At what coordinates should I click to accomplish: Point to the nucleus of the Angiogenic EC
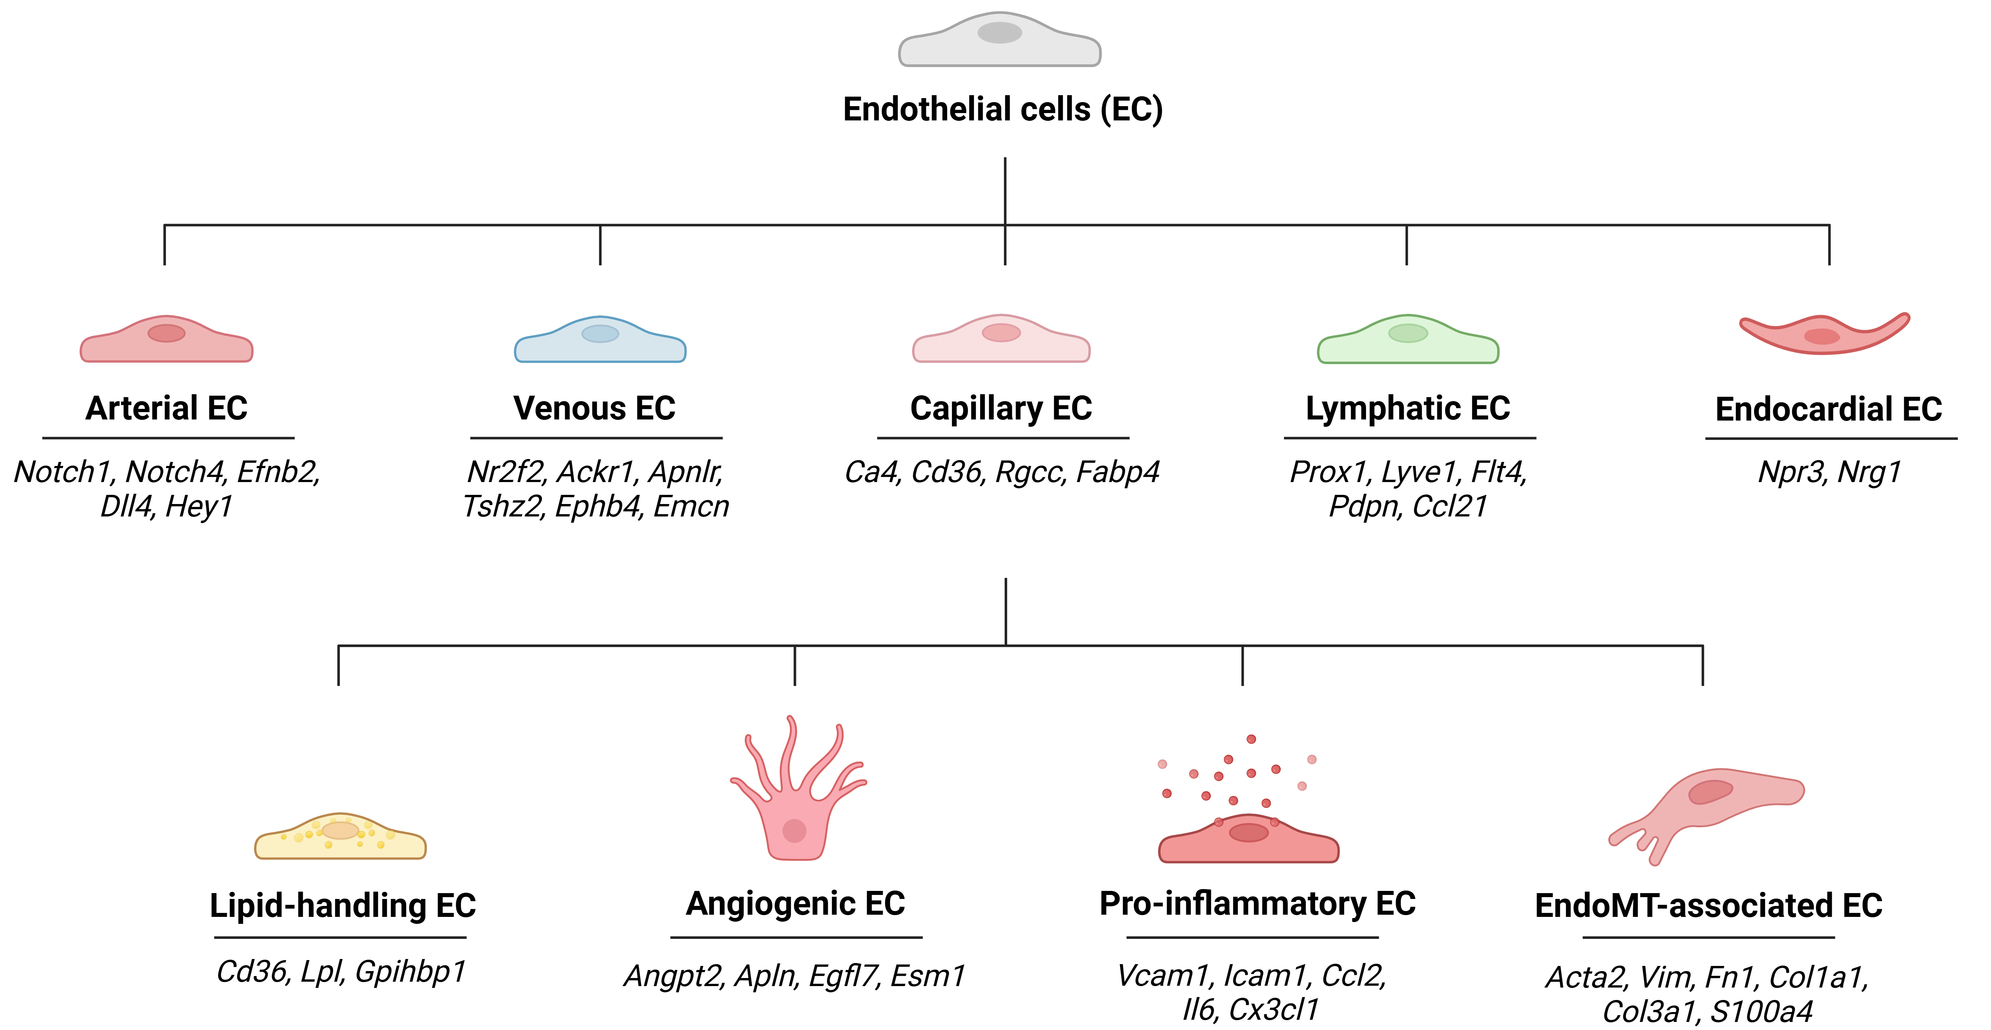click(794, 831)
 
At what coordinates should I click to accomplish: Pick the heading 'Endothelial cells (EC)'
click(1002, 109)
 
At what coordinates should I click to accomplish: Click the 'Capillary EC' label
click(1001, 408)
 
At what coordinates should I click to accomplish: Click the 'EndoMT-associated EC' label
click(1708, 906)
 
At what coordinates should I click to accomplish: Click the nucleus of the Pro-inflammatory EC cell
click(1248, 832)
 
